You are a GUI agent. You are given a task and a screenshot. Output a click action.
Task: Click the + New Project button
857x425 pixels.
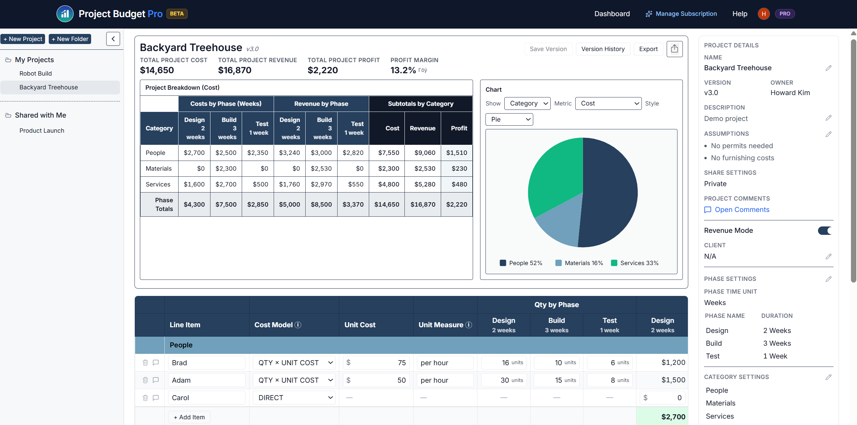(23, 39)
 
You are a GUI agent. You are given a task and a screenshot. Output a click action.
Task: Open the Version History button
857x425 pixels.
(602, 49)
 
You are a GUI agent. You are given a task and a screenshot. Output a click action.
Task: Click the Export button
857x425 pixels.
(648, 49)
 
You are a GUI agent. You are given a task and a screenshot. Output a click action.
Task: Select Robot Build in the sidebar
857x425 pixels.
(35, 74)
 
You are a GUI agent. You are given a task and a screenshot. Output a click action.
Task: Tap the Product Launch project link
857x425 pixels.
(42, 131)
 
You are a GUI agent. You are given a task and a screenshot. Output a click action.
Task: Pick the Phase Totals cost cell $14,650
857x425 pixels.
(387, 205)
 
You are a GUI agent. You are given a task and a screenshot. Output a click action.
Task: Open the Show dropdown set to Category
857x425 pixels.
(527, 103)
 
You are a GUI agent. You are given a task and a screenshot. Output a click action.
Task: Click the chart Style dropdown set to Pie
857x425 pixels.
(509, 120)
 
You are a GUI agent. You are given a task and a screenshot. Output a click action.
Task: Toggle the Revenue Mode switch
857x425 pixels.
(825, 230)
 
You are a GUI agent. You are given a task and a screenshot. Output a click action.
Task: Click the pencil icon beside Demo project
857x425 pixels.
(828, 118)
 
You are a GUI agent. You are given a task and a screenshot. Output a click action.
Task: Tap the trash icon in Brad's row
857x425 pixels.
(145, 363)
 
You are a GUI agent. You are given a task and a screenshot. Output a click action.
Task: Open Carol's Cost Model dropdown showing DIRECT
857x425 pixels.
(294, 398)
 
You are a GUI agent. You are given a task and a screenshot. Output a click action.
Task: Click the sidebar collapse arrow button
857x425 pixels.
(113, 39)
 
